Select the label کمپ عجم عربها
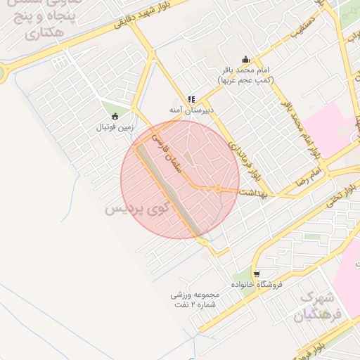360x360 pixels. [245, 81]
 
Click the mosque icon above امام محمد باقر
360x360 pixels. [245, 60]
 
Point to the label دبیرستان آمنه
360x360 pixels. [191, 110]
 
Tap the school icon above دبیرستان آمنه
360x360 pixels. [191, 100]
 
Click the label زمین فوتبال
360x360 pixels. [115, 127]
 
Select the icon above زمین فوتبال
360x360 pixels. [115, 116]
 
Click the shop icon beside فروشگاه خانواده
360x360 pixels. [257, 273]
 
